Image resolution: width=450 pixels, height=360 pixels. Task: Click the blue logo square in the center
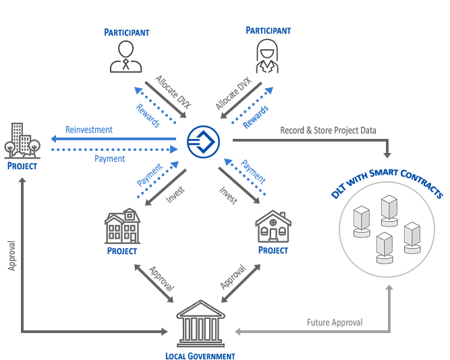coord(203,142)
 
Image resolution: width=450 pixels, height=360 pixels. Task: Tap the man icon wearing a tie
coord(126,57)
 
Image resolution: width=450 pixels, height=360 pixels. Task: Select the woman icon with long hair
coord(267,57)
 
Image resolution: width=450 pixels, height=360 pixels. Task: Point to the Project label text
coord(22,165)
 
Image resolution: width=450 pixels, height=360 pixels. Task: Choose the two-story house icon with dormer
coord(122,227)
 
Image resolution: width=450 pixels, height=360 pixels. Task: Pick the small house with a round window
coord(273,227)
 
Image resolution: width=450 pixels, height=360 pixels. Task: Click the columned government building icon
coord(200,324)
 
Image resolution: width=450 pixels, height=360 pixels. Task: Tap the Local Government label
coord(200,355)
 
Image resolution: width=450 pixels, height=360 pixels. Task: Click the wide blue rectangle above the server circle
coord(387,183)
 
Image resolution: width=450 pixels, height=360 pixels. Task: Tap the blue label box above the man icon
coord(127,32)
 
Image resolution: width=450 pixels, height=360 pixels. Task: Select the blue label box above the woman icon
coord(269,30)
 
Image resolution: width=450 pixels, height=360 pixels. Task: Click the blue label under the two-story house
coord(122,251)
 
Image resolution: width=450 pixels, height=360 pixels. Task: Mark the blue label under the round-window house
coord(273,250)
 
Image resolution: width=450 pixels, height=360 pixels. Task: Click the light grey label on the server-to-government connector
coord(335,323)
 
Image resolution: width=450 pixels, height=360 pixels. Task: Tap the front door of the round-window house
coord(273,235)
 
